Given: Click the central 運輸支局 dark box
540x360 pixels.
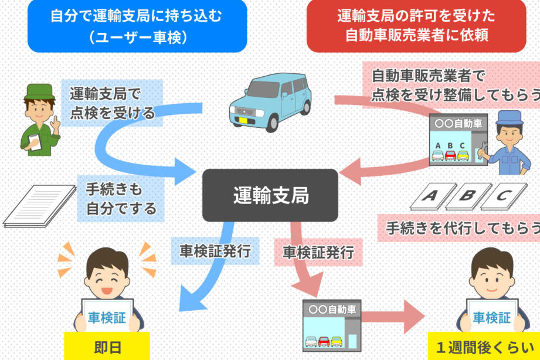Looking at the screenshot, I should click(x=270, y=195).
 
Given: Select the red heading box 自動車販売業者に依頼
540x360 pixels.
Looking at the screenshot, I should click(x=416, y=26).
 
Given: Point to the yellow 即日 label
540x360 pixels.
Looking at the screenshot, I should click(x=107, y=347).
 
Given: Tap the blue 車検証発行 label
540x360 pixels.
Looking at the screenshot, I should click(x=215, y=252).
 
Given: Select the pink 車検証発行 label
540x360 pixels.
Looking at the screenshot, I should click(x=318, y=253).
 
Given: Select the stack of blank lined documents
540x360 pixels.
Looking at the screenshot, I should click(x=40, y=205).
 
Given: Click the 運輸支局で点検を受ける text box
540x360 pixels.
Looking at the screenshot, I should click(x=112, y=103).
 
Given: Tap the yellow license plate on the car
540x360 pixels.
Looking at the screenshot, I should click(x=242, y=120).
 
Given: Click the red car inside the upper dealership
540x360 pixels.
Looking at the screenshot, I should click(x=450, y=155).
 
